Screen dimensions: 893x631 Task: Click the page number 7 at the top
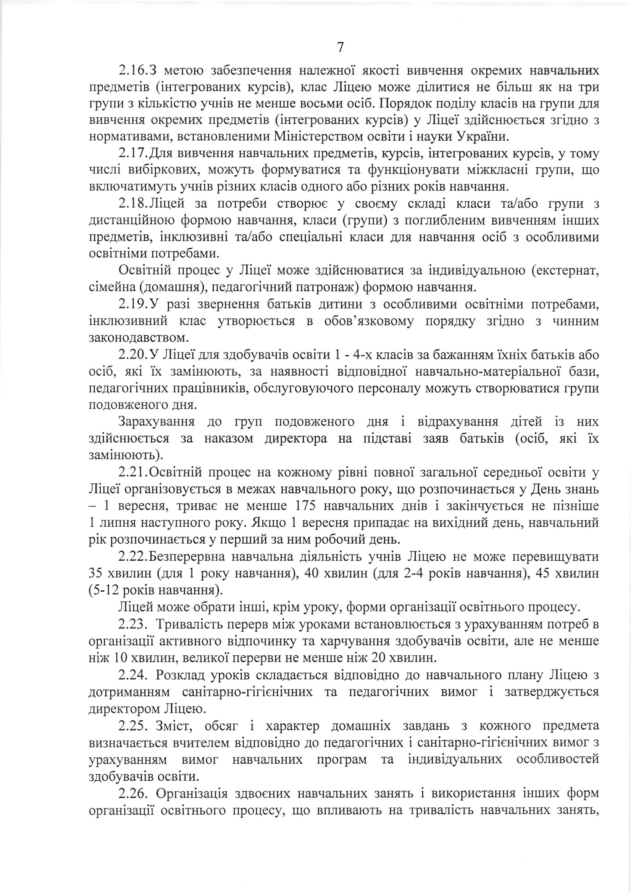(x=340, y=47)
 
